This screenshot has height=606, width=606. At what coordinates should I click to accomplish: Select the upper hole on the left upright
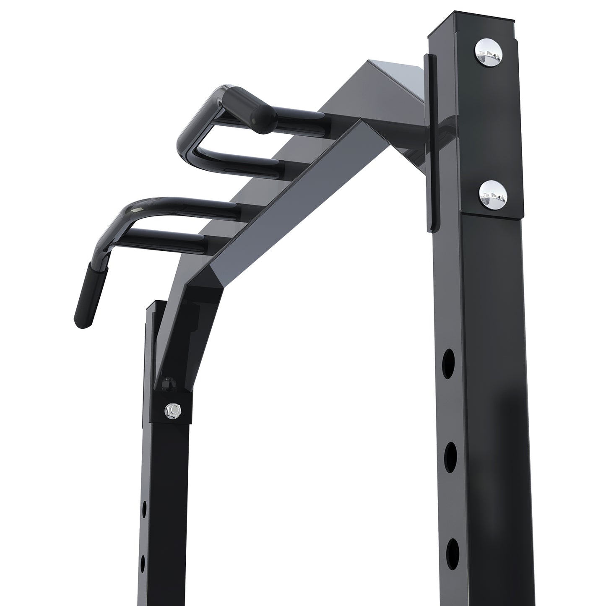coord(144,509)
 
